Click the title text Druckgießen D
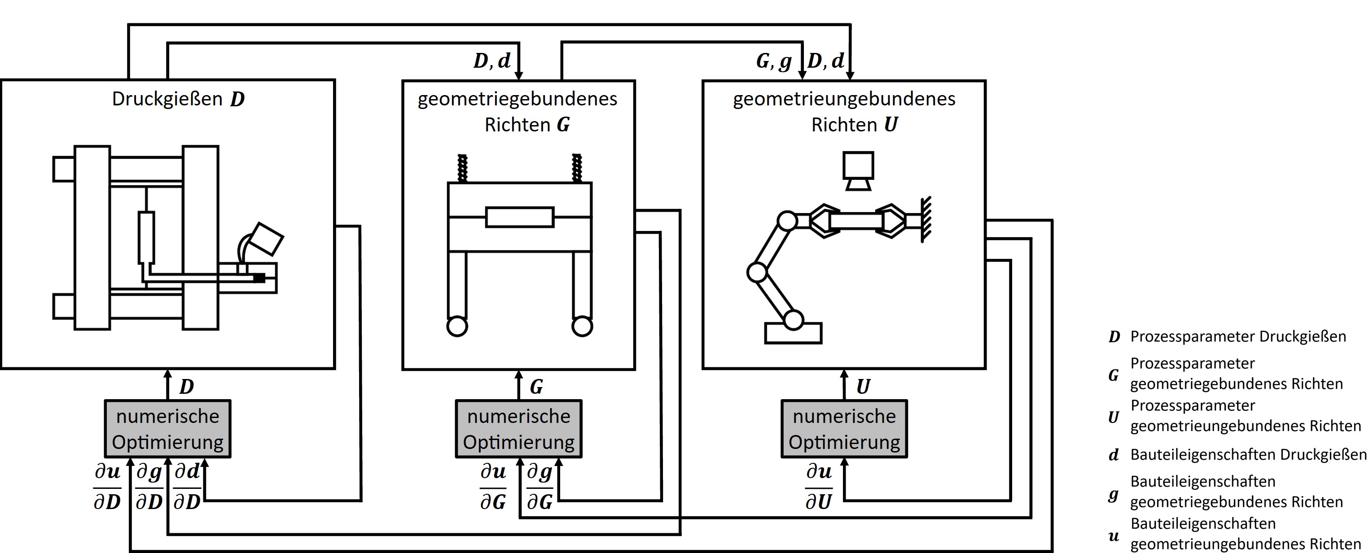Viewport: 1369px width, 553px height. tap(178, 99)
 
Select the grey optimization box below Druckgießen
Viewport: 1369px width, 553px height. tap(167, 429)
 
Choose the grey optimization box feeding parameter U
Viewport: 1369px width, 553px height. tap(844, 429)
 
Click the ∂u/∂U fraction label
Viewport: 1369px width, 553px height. tap(818, 487)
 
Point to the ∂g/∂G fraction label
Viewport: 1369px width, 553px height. tap(540, 487)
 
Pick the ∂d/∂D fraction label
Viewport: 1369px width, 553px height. tap(187, 487)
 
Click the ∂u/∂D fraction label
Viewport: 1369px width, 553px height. tap(107, 487)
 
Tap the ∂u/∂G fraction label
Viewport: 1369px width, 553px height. tap(493, 487)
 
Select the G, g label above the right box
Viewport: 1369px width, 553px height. tap(774, 61)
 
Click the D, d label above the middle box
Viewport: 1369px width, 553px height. tap(491, 61)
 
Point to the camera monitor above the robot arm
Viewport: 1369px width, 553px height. tap(858, 170)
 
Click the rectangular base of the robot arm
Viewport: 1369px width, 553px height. tap(793, 333)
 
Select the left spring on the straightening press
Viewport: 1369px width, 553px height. tap(462, 168)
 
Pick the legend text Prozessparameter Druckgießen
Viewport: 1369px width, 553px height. tap(1238, 336)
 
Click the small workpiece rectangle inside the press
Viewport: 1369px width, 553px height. tap(520, 217)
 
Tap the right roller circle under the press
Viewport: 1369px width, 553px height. tap(582, 326)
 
